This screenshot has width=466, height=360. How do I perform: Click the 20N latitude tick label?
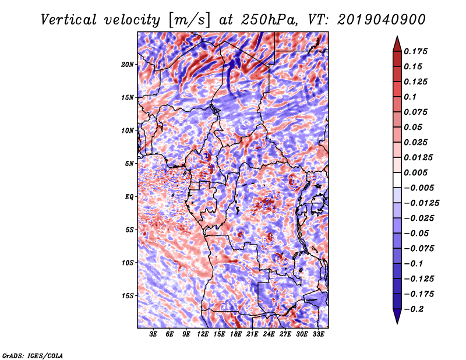128,65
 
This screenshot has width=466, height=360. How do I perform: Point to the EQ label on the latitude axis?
129,197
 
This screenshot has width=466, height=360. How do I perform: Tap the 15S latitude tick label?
128,296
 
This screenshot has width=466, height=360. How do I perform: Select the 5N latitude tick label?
129,164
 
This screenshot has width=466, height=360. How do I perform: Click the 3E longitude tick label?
153,334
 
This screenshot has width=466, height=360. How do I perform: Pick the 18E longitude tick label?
236,334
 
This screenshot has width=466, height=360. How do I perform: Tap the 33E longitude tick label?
318,334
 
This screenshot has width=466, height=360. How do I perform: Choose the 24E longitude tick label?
269,334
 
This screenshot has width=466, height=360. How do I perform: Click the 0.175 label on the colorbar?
415,52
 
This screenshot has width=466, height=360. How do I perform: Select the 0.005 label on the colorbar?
415,172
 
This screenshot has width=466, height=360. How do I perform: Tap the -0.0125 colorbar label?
421,203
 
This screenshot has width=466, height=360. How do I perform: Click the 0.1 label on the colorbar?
410,97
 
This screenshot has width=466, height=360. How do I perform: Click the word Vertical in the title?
69,20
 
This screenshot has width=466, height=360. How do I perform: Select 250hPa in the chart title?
270,20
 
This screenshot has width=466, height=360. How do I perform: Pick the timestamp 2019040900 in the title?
382,20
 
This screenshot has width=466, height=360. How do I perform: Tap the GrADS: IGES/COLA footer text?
33,356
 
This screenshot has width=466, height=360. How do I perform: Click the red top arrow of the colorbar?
397,44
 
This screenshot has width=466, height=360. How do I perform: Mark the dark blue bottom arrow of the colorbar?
397,316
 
